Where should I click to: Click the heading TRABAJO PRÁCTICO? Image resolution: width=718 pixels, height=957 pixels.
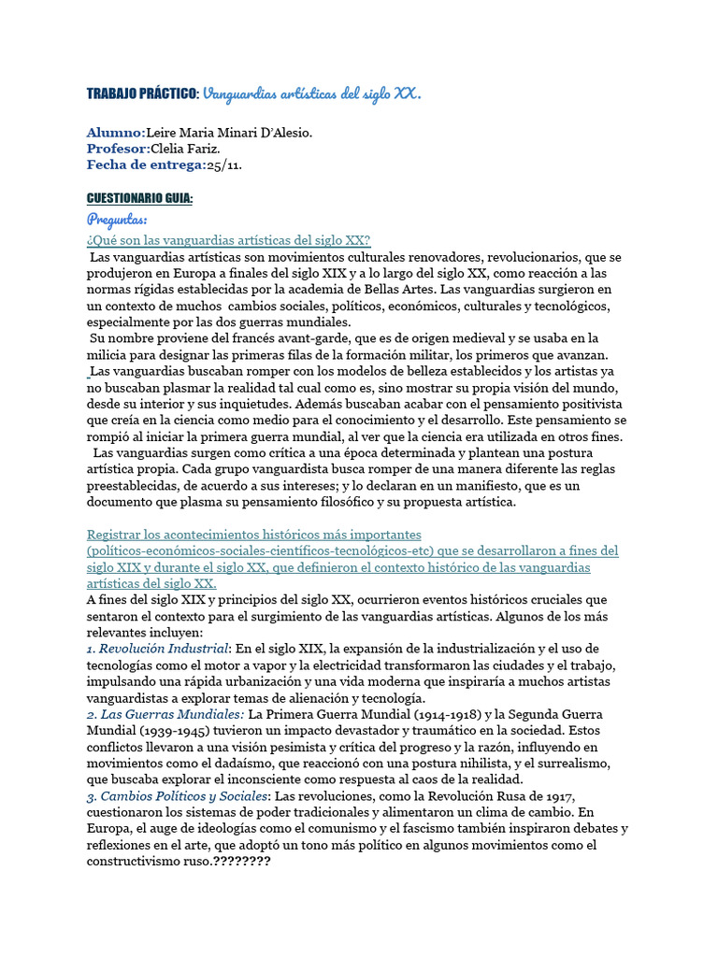click(x=142, y=93)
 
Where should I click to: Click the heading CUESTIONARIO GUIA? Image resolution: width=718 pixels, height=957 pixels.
click(x=139, y=199)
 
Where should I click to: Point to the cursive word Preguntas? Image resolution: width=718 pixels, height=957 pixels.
click(x=117, y=220)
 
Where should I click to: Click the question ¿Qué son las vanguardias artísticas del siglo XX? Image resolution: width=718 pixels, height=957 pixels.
click(x=229, y=240)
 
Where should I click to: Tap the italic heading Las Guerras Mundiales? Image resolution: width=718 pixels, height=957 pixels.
click(x=165, y=714)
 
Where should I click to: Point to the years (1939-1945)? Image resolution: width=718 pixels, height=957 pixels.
click(x=177, y=731)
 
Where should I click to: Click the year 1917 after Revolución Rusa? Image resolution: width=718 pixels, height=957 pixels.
click(x=553, y=795)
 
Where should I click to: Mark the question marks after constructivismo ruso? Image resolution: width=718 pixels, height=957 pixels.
click(x=241, y=861)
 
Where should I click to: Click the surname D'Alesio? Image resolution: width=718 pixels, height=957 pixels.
click(x=280, y=133)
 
